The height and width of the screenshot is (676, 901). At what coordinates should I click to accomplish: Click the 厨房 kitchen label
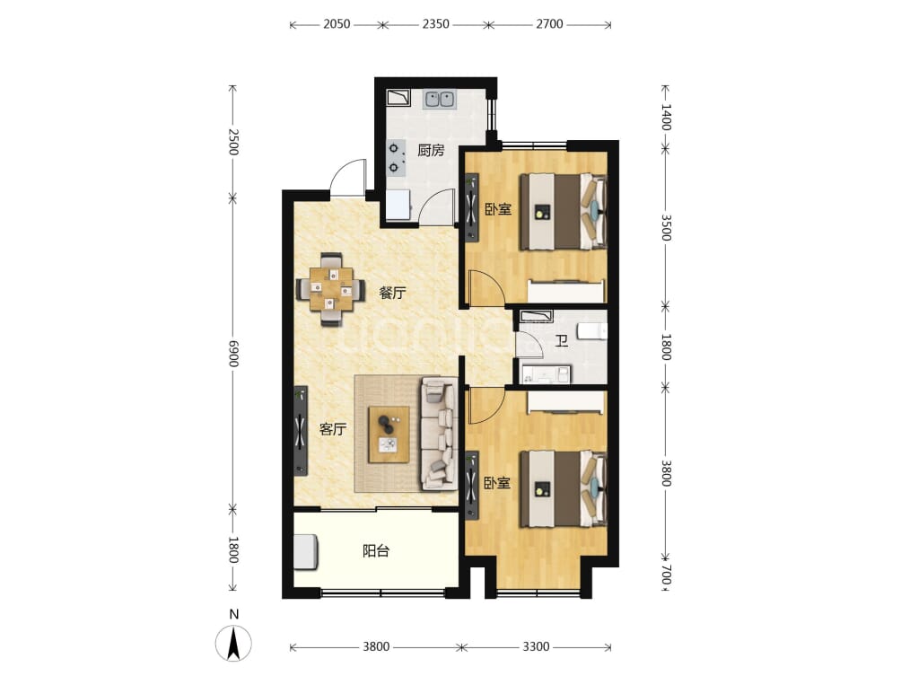point(431,151)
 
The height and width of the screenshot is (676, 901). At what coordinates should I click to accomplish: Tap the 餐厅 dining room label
point(392,293)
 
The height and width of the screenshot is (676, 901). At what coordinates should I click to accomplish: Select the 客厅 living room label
point(333,429)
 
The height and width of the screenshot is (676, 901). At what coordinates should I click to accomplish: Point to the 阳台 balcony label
point(376,551)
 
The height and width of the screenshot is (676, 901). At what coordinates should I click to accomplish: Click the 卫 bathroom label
point(562,341)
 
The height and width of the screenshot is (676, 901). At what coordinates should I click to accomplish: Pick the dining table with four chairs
point(331,289)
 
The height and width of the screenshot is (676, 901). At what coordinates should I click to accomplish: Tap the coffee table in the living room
point(389,434)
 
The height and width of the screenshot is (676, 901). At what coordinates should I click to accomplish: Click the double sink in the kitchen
point(440,100)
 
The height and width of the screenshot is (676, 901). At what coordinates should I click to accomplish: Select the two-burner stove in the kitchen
point(396,158)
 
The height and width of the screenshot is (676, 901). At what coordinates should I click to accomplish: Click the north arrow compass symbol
point(233,643)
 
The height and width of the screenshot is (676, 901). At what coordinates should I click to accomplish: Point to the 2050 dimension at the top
point(337,24)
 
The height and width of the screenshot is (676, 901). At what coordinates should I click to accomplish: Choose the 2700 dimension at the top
point(549,24)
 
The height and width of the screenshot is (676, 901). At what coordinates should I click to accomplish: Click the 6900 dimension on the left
point(232,353)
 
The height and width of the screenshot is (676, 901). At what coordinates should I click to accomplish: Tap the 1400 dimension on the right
point(665,117)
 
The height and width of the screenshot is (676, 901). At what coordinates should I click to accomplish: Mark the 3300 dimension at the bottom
point(536,646)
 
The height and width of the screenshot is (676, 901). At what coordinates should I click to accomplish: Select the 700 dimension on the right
point(665,574)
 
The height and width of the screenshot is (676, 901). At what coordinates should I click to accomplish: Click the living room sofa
point(439,434)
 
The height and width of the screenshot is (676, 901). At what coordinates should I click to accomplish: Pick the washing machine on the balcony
point(306,552)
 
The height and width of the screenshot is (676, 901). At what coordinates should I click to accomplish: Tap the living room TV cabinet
point(301,431)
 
